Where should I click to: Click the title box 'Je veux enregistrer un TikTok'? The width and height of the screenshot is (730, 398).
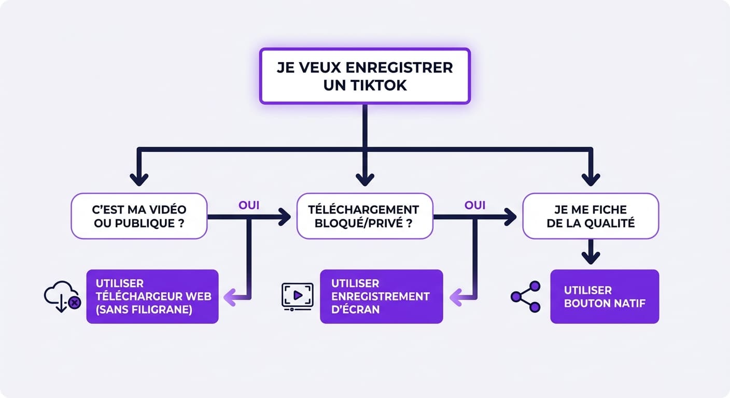click(364, 76)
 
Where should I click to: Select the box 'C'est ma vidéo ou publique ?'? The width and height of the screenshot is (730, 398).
click(139, 216)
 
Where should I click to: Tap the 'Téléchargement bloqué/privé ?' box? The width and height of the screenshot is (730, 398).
click(364, 216)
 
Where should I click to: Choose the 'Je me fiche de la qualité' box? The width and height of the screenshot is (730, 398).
click(590, 216)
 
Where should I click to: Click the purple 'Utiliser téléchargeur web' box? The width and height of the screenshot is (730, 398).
click(152, 296)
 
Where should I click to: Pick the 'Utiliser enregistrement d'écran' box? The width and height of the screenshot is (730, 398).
click(381, 296)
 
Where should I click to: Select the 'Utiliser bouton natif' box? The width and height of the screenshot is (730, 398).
click(605, 296)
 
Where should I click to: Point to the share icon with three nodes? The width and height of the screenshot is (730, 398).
click(525, 296)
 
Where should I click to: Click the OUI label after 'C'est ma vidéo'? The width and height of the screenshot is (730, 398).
click(249, 205)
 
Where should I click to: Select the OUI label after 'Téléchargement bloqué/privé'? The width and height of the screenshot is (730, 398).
click(475, 205)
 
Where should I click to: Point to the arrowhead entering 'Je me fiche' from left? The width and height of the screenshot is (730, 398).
click(511, 217)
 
